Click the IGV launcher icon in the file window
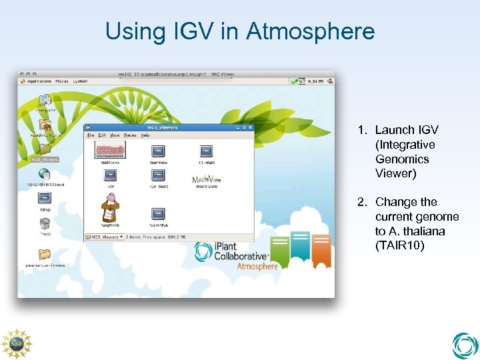pyautogui.click(x=111, y=175)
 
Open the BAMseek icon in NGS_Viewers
pyautogui.click(x=111, y=151)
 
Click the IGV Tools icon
pyautogui.click(x=158, y=175)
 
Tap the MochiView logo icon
pyautogui.click(x=206, y=179)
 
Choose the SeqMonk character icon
pyautogui.click(x=111, y=208)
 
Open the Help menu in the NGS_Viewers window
pyautogui.click(x=145, y=135)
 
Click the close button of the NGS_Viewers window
pyautogui.click(x=249, y=127)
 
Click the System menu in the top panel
pyautogui.click(x=81, y=81)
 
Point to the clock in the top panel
pyautogui.click(x=317, y=81)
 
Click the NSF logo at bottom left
pyautogui.click(x=16, y=344)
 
